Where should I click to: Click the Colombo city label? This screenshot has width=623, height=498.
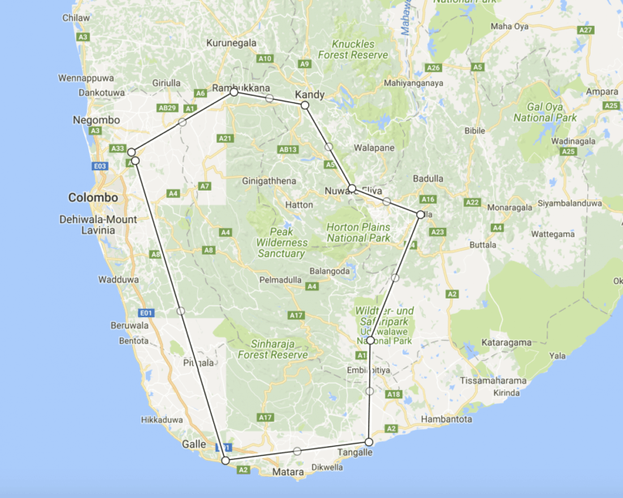point(92,198)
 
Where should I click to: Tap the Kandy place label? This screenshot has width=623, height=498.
point(310,95)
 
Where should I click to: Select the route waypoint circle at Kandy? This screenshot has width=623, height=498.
point(305,105)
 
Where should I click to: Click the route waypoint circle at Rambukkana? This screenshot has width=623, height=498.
point(234,92)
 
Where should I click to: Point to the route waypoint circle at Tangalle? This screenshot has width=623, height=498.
point(369,442)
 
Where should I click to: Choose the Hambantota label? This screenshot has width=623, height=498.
point(448,419)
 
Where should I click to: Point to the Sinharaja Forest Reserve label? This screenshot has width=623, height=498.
point(273,350)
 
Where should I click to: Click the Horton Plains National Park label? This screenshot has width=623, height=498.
point(358,232)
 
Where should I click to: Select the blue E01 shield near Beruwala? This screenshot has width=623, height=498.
point(146,312)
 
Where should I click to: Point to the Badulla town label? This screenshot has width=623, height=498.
point(428,178)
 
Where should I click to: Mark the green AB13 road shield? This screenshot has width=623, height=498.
point(288,149)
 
